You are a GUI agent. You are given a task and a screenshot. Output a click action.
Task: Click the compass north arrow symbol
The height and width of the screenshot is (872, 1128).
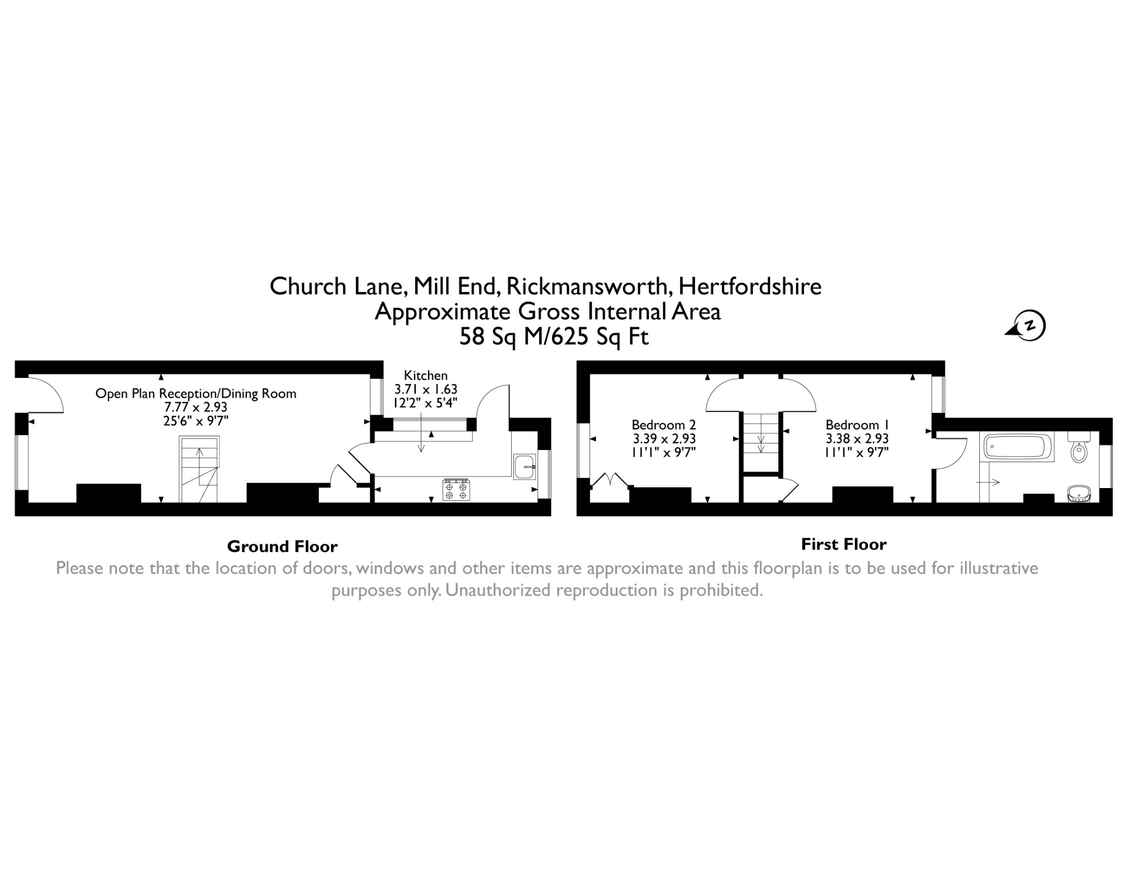pos(1026,326)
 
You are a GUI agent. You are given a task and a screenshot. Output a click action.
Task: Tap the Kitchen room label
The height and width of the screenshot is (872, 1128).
pos(426,376)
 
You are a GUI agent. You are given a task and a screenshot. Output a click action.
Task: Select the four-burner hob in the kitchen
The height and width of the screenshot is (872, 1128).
pos(456,490)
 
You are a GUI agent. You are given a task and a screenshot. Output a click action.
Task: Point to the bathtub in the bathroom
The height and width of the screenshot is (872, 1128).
pos(1017,447)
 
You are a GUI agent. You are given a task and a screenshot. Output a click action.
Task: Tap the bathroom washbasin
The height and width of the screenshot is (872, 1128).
pos(1078,494)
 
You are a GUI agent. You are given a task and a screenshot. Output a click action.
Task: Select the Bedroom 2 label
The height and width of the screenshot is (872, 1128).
pos(664,425)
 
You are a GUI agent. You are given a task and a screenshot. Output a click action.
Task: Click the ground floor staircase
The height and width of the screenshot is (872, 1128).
pos(199,469)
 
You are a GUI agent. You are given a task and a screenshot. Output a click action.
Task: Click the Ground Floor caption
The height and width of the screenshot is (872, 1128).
pos(282,546)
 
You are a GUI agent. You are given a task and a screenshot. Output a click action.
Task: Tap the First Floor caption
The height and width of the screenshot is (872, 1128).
pos(844,544)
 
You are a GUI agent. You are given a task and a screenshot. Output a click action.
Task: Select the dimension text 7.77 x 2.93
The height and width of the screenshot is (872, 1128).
pos(196,408)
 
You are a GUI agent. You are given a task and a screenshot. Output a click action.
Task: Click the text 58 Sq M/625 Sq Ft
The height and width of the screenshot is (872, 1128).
pos(554,337)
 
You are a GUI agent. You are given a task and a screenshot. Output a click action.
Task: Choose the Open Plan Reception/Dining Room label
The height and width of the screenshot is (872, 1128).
pos(196,394)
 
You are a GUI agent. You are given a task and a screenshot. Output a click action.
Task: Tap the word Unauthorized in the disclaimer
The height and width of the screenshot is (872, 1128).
pos(498,590)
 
